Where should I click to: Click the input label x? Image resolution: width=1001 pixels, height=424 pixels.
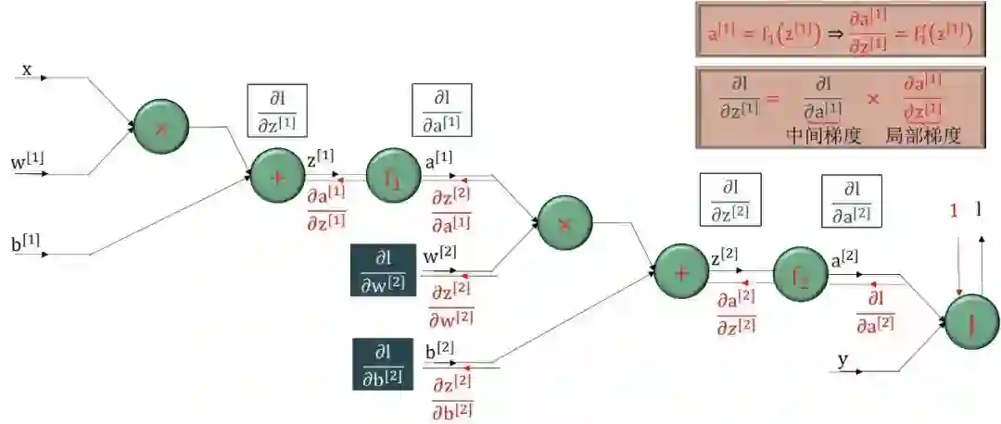pos(27,69)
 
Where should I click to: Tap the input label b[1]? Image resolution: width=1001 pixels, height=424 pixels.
pos(27,245)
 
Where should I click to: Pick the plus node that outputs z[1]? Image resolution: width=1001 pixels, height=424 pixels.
pos(277,175)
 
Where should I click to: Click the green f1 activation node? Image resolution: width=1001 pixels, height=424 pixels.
pos(394,174)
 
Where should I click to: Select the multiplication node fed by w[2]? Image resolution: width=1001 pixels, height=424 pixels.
pos(565,222)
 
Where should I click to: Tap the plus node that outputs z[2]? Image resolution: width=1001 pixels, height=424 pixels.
pos(682,271)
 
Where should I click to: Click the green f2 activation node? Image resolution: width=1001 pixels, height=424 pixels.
pos(799,272)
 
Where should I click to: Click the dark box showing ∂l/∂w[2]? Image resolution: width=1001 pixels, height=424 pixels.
pos(383,270)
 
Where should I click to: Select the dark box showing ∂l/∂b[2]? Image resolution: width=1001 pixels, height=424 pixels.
pos(383,364)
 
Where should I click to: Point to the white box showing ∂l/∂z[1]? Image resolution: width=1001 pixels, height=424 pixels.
pos(277,111)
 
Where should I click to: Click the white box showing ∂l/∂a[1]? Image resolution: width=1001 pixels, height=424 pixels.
pos(441,111)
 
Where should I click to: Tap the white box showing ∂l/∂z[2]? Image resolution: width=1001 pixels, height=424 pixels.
pos(729,200)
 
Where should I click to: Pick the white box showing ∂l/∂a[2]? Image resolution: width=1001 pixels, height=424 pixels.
pos(851,202)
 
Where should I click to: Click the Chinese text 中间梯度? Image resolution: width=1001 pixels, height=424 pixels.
pos(824,135)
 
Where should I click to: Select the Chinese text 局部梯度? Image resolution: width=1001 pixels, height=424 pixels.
pos(922,135)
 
